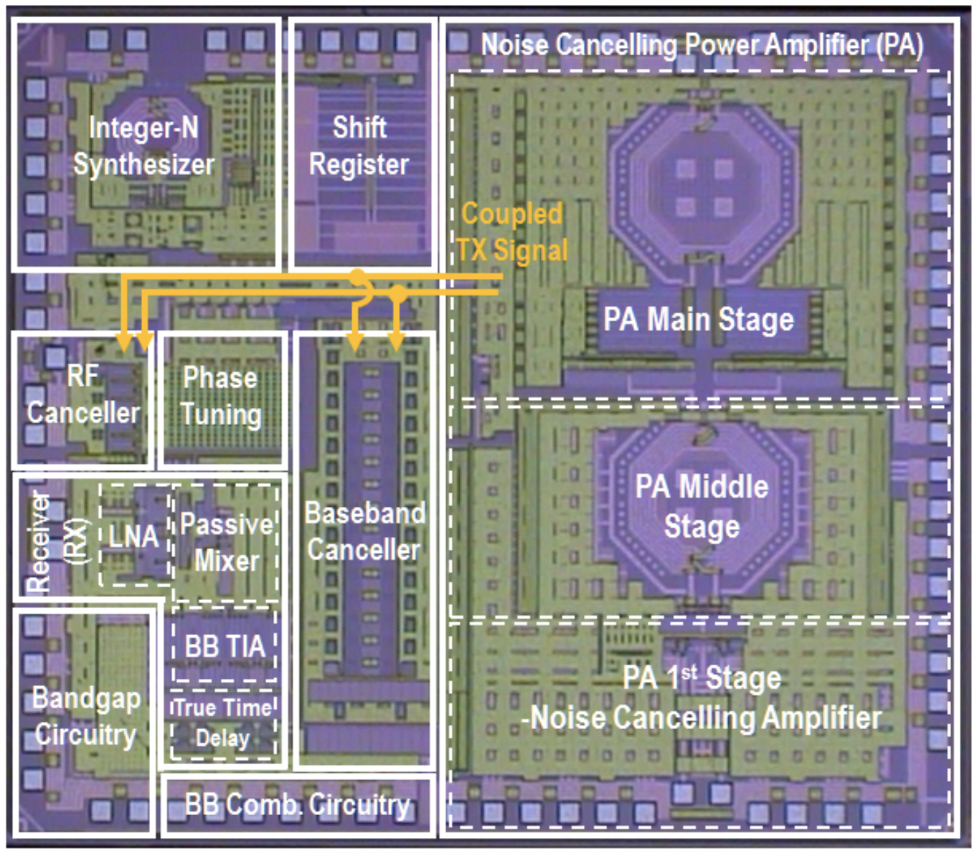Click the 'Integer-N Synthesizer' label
tap(143, 146)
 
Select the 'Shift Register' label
tap(359, 146)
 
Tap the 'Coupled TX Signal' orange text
tap(512, 232)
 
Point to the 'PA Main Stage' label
tap(699, 319)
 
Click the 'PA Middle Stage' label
tap(702, 506)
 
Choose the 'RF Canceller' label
tap(83, 394)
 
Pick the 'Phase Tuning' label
tap(221, 396)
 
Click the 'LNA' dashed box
tap(134, 536)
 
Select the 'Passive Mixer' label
tap(227, 542)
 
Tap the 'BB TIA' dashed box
tap(225, 646)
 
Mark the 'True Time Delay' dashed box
tap(223, 723)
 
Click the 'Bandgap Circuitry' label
tap(86, 716)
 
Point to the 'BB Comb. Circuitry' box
tap(298, 805)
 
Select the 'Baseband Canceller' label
tap(364, 531)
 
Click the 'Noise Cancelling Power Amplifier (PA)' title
tap(702, 44)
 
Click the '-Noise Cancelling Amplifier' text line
tap(702, 718)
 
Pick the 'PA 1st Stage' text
tap(701, 677)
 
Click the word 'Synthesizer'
tap(143, 164)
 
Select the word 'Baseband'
tap(365, 513)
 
